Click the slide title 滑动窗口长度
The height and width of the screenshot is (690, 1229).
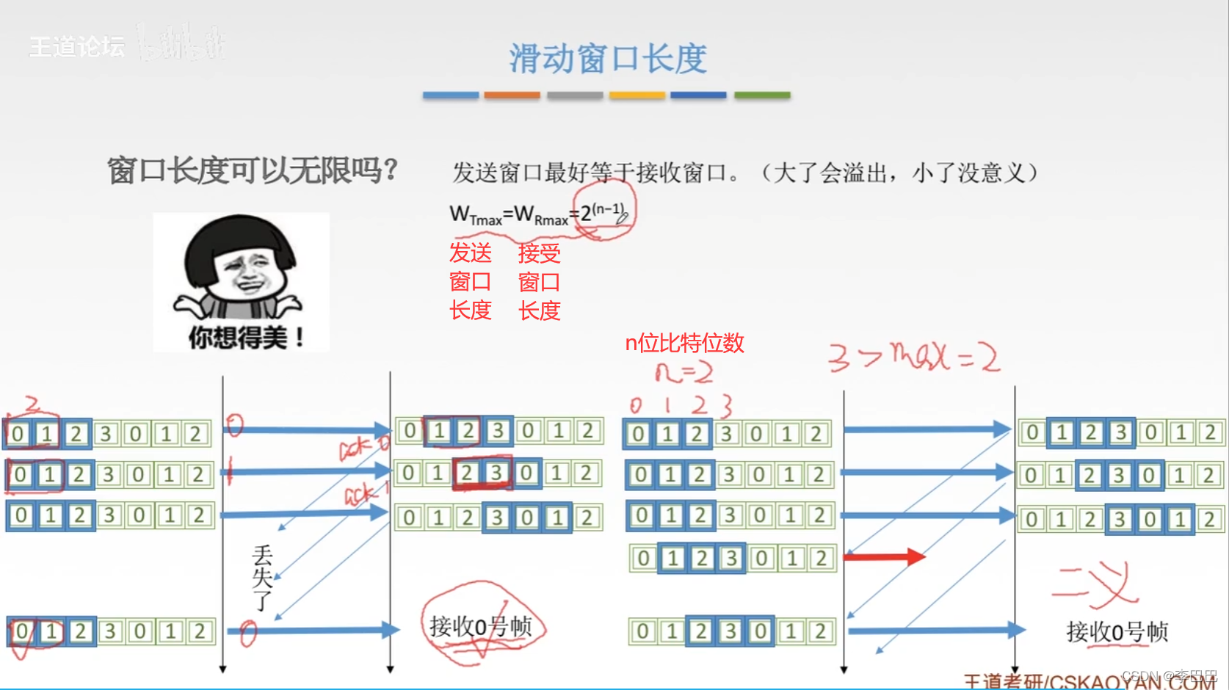pos(608,59)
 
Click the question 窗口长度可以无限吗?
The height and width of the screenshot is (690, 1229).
pos(252,171)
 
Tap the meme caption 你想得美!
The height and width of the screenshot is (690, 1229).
pos(246,338)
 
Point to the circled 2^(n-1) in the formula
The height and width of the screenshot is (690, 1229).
pos(603,212)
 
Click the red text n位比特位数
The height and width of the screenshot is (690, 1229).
pos(684,343)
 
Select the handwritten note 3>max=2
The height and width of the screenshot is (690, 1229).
pos(913,357)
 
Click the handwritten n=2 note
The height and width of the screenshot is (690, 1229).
pos(684,373)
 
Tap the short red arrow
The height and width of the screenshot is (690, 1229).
pos(885,556)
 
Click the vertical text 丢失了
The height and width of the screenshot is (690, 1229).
pos(262,578)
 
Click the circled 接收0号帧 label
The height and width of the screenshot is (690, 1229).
pos(480,626)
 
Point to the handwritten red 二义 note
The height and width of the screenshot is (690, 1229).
pos(1095,584)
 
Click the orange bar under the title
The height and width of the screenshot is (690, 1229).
pos(512,95)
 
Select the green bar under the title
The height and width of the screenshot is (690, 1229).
pos(762,95)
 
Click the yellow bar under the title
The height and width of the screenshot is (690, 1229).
pos(637,95)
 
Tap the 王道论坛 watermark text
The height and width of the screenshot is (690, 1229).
pos(77,47)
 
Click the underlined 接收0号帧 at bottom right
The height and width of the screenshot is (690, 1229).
pos(1117,631)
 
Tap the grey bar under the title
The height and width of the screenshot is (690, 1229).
pos(575,95)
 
